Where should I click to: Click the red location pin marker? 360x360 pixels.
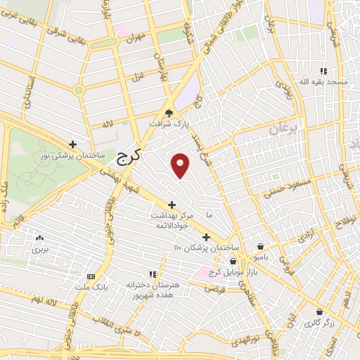click(x=181, y=165)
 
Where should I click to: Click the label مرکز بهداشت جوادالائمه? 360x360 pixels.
click(x=172, y=220)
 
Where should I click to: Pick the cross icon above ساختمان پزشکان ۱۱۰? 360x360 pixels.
click(x=206, y=237)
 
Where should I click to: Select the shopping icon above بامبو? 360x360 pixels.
click(x=262, y=247)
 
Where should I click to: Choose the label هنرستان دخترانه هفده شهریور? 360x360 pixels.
click(x=154, y=290)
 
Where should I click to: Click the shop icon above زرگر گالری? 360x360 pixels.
click(x=319, y=312)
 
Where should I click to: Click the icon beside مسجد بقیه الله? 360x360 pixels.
click(x=323, y=71)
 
